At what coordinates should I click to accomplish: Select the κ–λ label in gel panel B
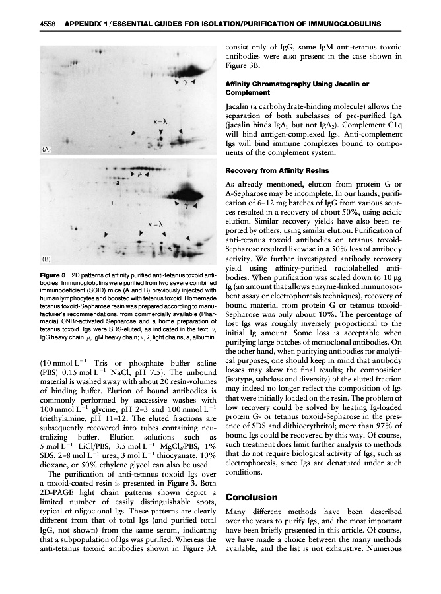155,225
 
